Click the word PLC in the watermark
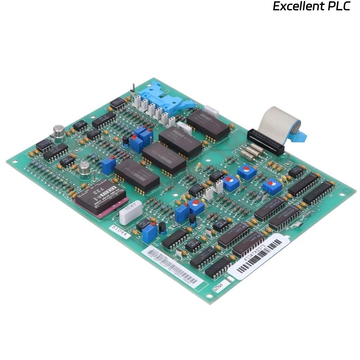click(x=337, y=6)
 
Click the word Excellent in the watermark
click(x=297, y=6)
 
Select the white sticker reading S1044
click(x=120, y=230)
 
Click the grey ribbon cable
click(x=274, y=119)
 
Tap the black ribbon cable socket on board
click(x=265, y=141)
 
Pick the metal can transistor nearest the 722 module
click(x=84, y=169)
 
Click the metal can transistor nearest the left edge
click(x=58, y=130)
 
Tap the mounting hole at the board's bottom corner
click(x=208, y=296)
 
